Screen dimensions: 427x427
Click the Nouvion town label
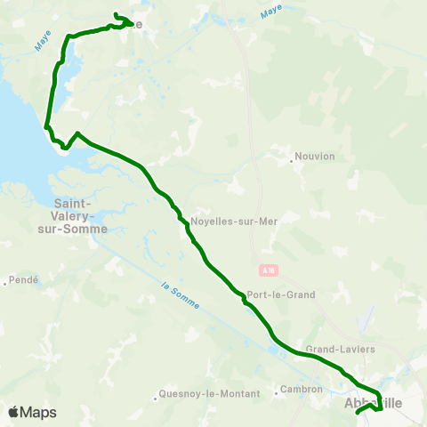point(317,157)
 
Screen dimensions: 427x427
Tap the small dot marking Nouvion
point(292,161)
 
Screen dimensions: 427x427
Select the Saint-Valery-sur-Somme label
point(80,215)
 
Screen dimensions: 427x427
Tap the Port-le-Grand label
point(281,294)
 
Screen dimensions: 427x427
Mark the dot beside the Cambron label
point(273,391)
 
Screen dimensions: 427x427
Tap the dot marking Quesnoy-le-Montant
point(155,392)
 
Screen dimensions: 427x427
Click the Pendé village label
point(24,281)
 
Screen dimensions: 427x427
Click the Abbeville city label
point(372,403)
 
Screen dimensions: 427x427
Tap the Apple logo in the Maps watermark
point(13,412)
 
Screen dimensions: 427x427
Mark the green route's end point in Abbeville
point(357,413)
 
